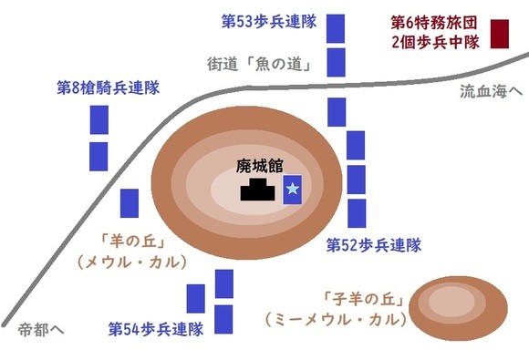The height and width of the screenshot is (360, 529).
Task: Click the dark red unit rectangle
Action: click(499, 34)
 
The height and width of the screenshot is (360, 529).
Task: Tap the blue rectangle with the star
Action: click(292, 190)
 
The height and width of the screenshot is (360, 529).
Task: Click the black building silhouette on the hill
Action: click(257, 190)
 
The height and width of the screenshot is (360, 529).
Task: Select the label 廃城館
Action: click(259, 166)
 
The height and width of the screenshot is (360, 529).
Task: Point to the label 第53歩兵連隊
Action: click(269, 22)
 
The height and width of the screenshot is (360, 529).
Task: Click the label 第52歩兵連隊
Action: click(374, 245)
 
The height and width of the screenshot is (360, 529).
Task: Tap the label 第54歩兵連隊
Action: click(156, 329)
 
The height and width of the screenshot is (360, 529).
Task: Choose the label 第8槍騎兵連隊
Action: click(108, 87)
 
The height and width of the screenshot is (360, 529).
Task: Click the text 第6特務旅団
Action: click(434, 23)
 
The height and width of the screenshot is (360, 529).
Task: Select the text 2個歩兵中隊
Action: click(436, 43)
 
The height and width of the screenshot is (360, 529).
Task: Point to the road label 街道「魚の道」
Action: click(259, 64)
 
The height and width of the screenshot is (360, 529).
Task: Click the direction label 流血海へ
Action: click(491, 91)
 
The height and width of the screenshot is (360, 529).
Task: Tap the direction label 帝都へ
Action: click(41, 330)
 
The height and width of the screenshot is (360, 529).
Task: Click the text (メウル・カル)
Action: click(132, 262)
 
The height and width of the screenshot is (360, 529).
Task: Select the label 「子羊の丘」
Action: click(364, 299)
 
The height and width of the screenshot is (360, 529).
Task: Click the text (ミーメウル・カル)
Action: click(336, 320)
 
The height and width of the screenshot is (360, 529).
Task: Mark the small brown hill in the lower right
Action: click(458, 308)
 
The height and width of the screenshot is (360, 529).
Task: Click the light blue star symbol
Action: click(292, 189)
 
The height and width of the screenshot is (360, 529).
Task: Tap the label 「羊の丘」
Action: click(132, 242)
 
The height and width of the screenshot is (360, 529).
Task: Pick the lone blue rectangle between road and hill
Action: click(130, 203)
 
